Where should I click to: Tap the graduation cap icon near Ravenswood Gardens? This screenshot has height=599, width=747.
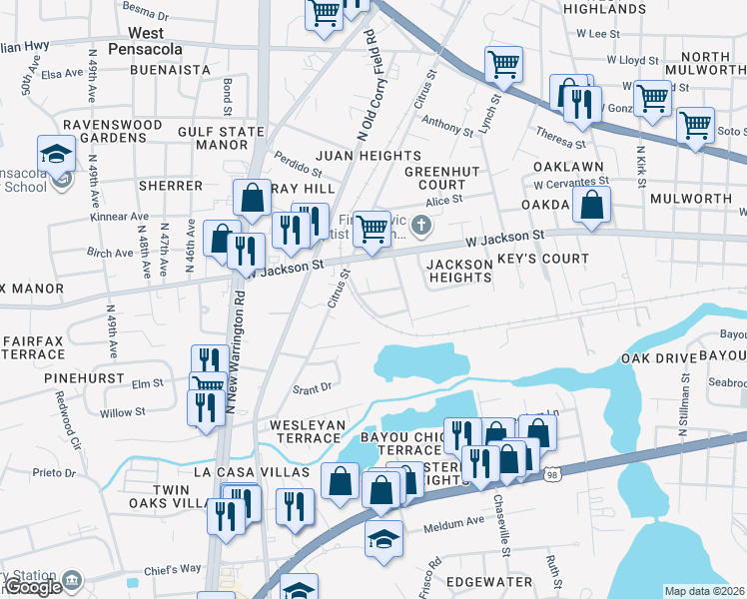(57, 154)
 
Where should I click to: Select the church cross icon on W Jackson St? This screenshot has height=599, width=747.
(421, 226)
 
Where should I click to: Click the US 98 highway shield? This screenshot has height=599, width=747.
(552, 477)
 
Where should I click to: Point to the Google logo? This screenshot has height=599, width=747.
(32, 587)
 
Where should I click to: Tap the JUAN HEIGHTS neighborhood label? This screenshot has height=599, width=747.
(369, 156)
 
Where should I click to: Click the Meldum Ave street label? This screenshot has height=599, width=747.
(453, 522)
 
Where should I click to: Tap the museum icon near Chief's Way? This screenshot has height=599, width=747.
(71, 580)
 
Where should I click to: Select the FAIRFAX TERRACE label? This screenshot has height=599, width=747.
(34, 347)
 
